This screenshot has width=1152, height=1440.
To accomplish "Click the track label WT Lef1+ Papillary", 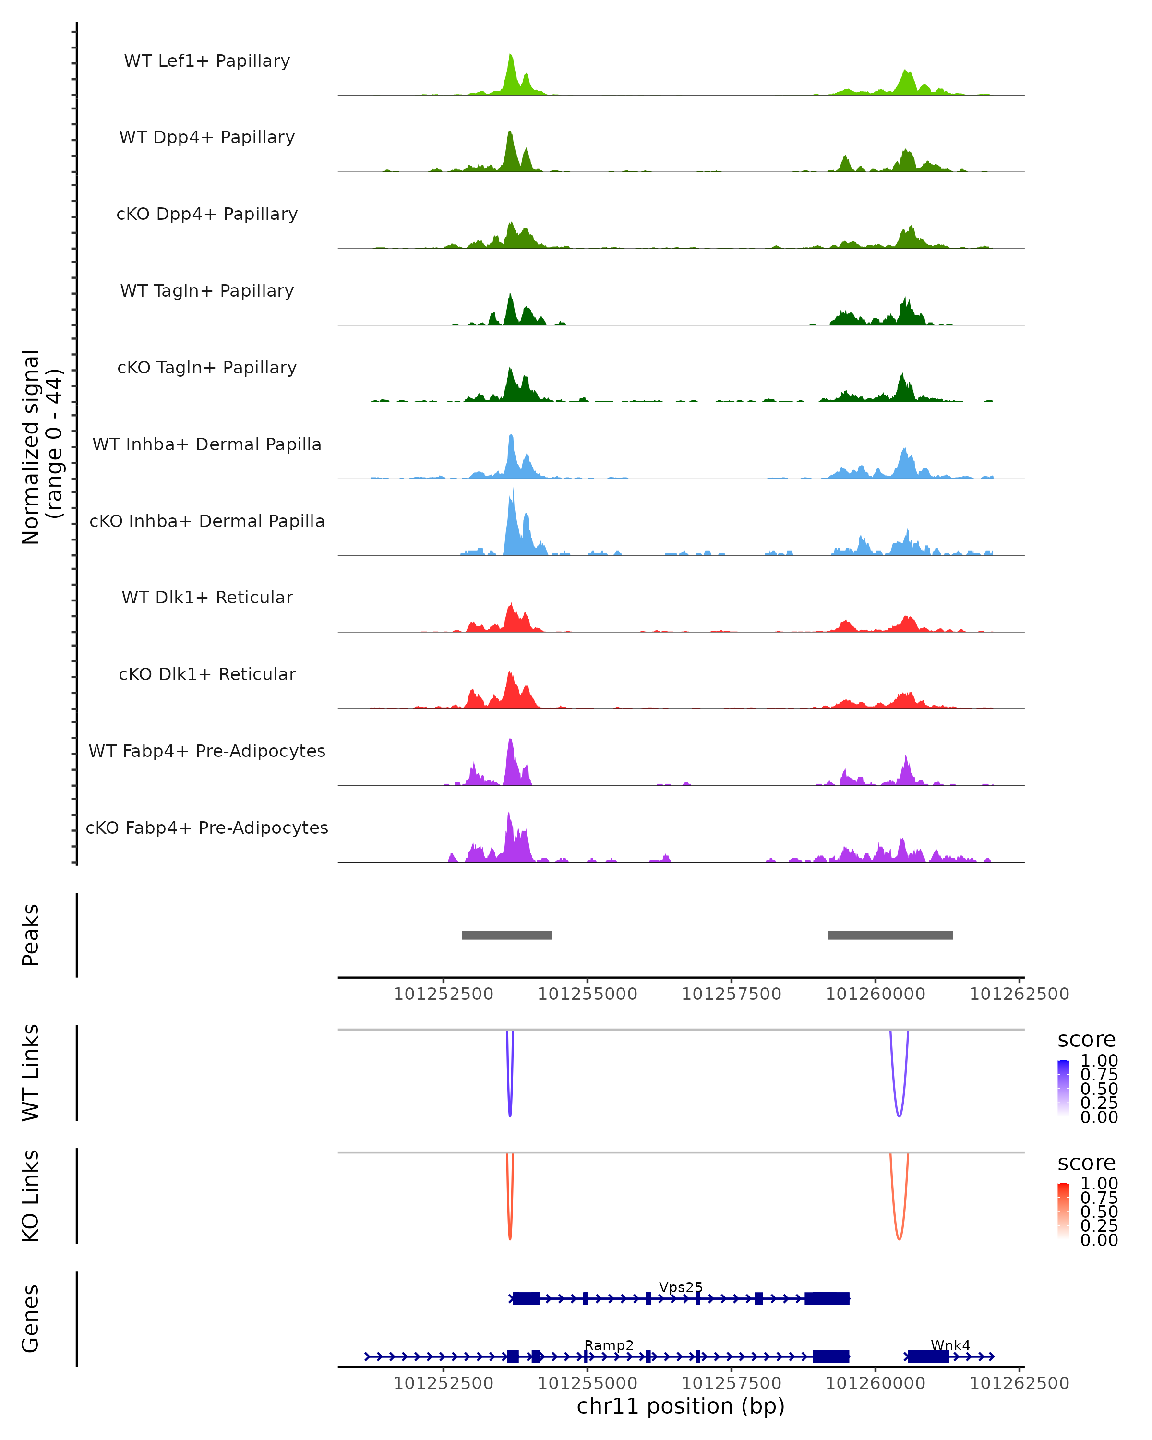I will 207,61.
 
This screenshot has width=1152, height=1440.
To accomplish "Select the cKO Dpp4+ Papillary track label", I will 207,215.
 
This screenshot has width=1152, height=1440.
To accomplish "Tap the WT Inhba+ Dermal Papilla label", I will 207,445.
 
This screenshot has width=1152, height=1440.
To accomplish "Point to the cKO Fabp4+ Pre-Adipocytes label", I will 207,828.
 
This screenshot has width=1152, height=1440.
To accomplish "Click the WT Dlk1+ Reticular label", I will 207,598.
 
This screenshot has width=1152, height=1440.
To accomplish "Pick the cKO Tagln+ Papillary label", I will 207,368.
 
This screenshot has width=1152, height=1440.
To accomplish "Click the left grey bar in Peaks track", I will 507,936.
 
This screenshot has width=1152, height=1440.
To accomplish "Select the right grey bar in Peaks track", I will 890,936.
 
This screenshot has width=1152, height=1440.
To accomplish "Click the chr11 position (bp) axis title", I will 681,1406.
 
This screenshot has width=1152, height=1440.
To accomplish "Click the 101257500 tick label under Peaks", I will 731,995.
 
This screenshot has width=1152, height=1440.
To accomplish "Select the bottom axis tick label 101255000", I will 587,1384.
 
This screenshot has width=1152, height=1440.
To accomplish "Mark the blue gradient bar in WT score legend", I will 1063,1088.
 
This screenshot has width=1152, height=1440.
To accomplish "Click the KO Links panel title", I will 31,1196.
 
